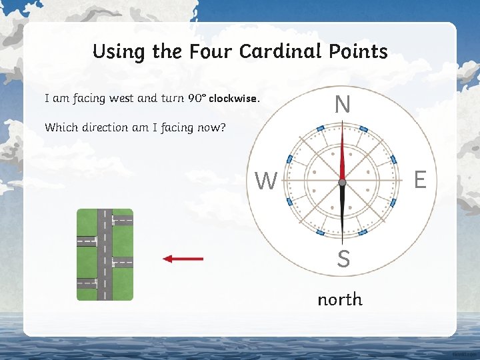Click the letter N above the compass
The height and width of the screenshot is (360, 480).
[x=342, y=105]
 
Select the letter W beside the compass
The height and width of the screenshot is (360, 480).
[x=266, y=181]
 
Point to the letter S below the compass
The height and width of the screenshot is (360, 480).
[x=343, y=259]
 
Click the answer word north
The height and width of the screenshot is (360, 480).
[x=340, y=299]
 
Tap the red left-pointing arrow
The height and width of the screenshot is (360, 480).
[x=183, y=259]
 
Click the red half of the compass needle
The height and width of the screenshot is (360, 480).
[x=342, y=155]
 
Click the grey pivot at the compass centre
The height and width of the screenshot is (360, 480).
[x=342, y=182]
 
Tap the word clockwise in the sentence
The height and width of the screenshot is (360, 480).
[x=233, y=99]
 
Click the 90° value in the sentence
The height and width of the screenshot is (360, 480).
[x=196, y=99]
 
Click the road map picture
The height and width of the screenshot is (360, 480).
[x=105, y=255]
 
